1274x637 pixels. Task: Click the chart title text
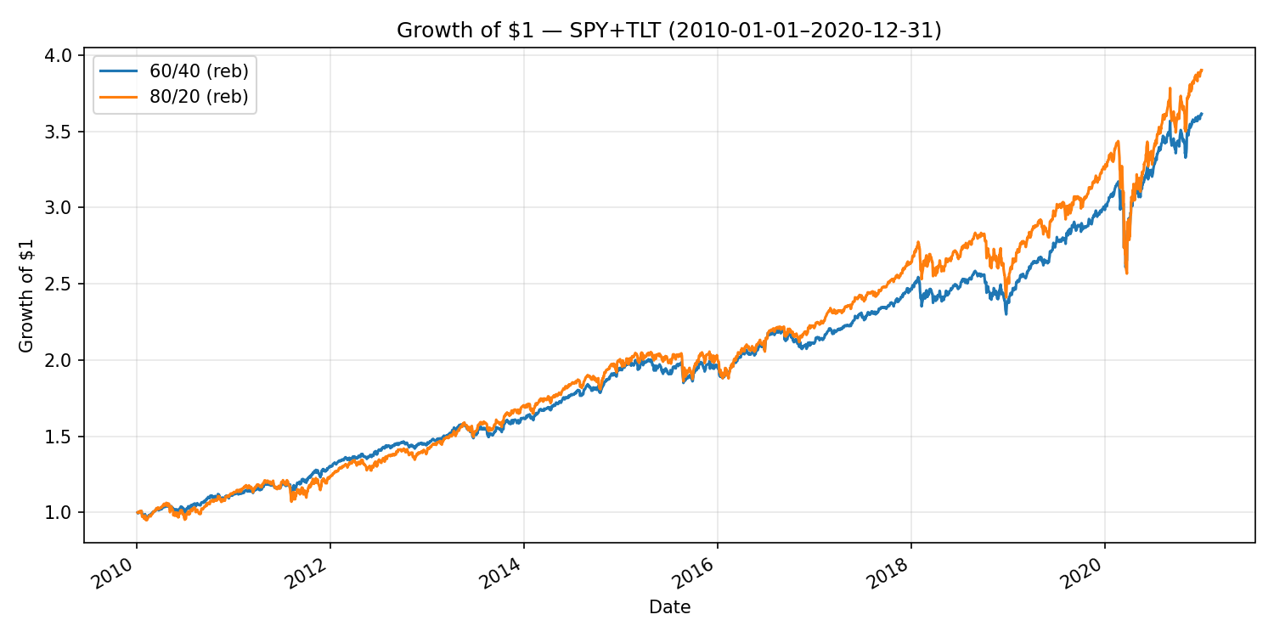669,31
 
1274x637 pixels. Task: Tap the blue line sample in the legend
116,70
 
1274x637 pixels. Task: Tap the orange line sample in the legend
116,97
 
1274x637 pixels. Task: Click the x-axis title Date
669,607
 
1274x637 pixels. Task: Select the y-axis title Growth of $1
26,295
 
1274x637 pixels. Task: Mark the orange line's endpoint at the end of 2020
1202,70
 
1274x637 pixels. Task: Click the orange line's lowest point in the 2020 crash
1126,273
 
